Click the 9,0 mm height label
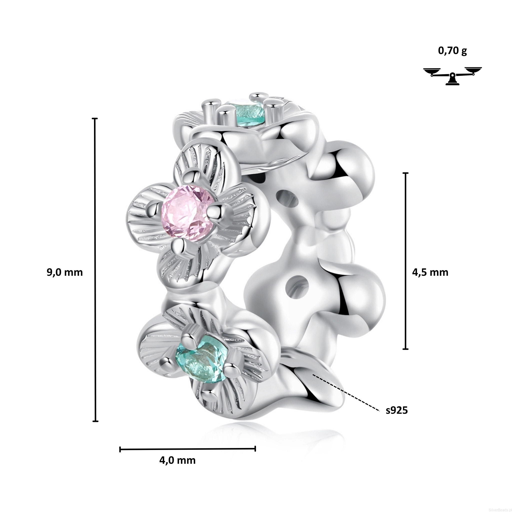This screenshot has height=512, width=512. (65, 272)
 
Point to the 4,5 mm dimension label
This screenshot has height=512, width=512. (430, 272)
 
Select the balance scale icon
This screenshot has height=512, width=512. (452, 76)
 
